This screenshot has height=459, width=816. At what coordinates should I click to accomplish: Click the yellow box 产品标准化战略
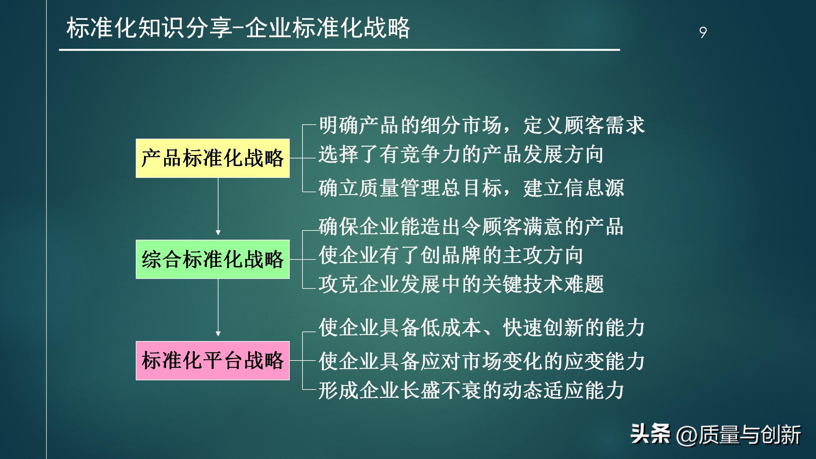coord(213,158)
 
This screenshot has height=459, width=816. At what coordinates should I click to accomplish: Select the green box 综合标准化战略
coord(213,259)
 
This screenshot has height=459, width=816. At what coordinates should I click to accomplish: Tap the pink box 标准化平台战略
coord(213,361)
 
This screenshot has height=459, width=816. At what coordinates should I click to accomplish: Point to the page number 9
coord(703,33)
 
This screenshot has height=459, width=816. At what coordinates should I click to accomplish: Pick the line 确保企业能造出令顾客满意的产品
coord(471,226)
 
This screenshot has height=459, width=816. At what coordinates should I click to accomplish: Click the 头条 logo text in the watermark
coord(650,434)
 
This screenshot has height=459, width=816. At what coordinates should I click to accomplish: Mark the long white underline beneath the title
coord(339,50)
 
